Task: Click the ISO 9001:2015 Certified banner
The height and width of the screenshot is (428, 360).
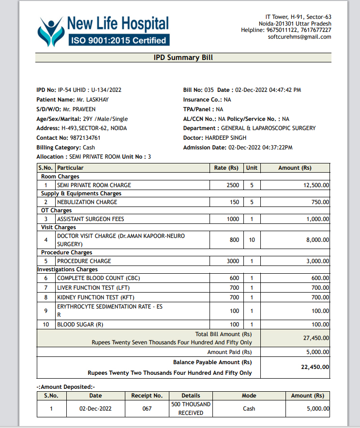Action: (x=119, y=41)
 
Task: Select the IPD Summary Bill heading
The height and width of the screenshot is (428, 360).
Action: (x=183, y=58)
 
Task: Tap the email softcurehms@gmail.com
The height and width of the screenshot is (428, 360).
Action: (x=300, y=37)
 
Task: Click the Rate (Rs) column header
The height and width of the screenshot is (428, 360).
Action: (x=226, y=168)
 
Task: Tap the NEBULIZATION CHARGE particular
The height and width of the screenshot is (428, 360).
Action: (x=87, y=202)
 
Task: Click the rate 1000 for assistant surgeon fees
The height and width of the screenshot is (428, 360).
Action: (x=233, y=219)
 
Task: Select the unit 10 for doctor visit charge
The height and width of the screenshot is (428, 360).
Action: (x=252, y=240)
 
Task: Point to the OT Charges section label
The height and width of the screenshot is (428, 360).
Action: (x=56, y=210)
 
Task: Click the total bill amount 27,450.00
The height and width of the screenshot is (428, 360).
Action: (x=315, y=338)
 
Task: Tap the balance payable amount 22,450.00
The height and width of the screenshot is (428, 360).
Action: (x=315, y=367)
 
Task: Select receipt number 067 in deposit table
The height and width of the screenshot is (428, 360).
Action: (x=147, y=409)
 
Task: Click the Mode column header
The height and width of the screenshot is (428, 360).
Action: (x=249, y=396)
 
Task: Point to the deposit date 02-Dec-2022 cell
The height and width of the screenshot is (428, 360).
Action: (x=95, y=409)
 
